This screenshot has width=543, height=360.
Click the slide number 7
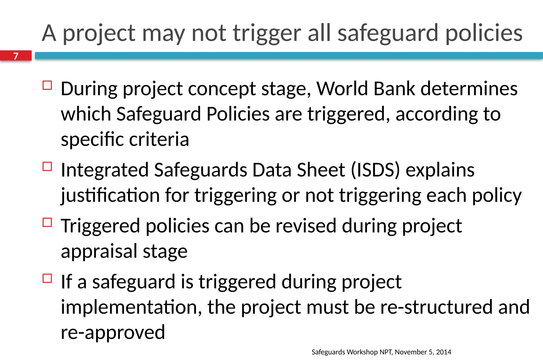16,56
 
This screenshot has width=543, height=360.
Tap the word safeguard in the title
388,33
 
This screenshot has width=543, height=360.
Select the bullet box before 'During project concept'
47,85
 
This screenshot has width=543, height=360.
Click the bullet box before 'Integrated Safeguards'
47,166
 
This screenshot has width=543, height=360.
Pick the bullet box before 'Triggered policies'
47,222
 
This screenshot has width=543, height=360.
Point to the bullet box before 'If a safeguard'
47,278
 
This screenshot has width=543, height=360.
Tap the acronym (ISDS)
375,170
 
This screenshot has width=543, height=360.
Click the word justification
110,196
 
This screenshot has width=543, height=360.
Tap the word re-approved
113,332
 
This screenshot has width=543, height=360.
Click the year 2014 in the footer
444,352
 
